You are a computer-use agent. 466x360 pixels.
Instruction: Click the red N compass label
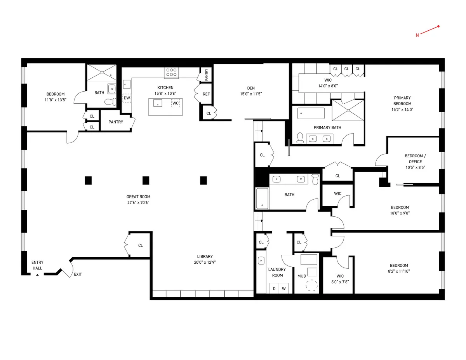click(417, 35)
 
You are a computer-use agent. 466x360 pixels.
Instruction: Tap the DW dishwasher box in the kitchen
click(127, 98)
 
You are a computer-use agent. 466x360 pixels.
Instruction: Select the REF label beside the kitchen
click(206, 94)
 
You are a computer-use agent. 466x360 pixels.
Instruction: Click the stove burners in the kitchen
click(172, 73)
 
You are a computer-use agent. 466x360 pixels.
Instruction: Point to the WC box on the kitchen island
click(176, 103)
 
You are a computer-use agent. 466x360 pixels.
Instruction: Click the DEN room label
click(250, 88)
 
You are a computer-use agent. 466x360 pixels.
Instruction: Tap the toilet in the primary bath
click(300, 138)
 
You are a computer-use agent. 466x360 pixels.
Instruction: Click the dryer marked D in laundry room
click(274, 289)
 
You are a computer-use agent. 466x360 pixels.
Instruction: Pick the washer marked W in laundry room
click(284, 289)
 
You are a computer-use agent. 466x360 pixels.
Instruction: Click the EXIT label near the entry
click(78, 275)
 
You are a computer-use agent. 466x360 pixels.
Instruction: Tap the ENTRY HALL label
click(37, 265)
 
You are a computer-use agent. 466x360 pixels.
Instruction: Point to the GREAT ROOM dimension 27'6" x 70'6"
click(138, 202)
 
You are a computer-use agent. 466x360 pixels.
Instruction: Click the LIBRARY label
click(205, 256)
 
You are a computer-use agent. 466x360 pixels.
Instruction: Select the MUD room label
click(301, 276)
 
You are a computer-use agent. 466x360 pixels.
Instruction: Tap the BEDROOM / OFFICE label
click(415, 159)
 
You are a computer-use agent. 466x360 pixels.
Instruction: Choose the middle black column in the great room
click(146, 180)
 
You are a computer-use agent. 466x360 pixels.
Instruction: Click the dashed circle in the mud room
click(312, 286)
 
